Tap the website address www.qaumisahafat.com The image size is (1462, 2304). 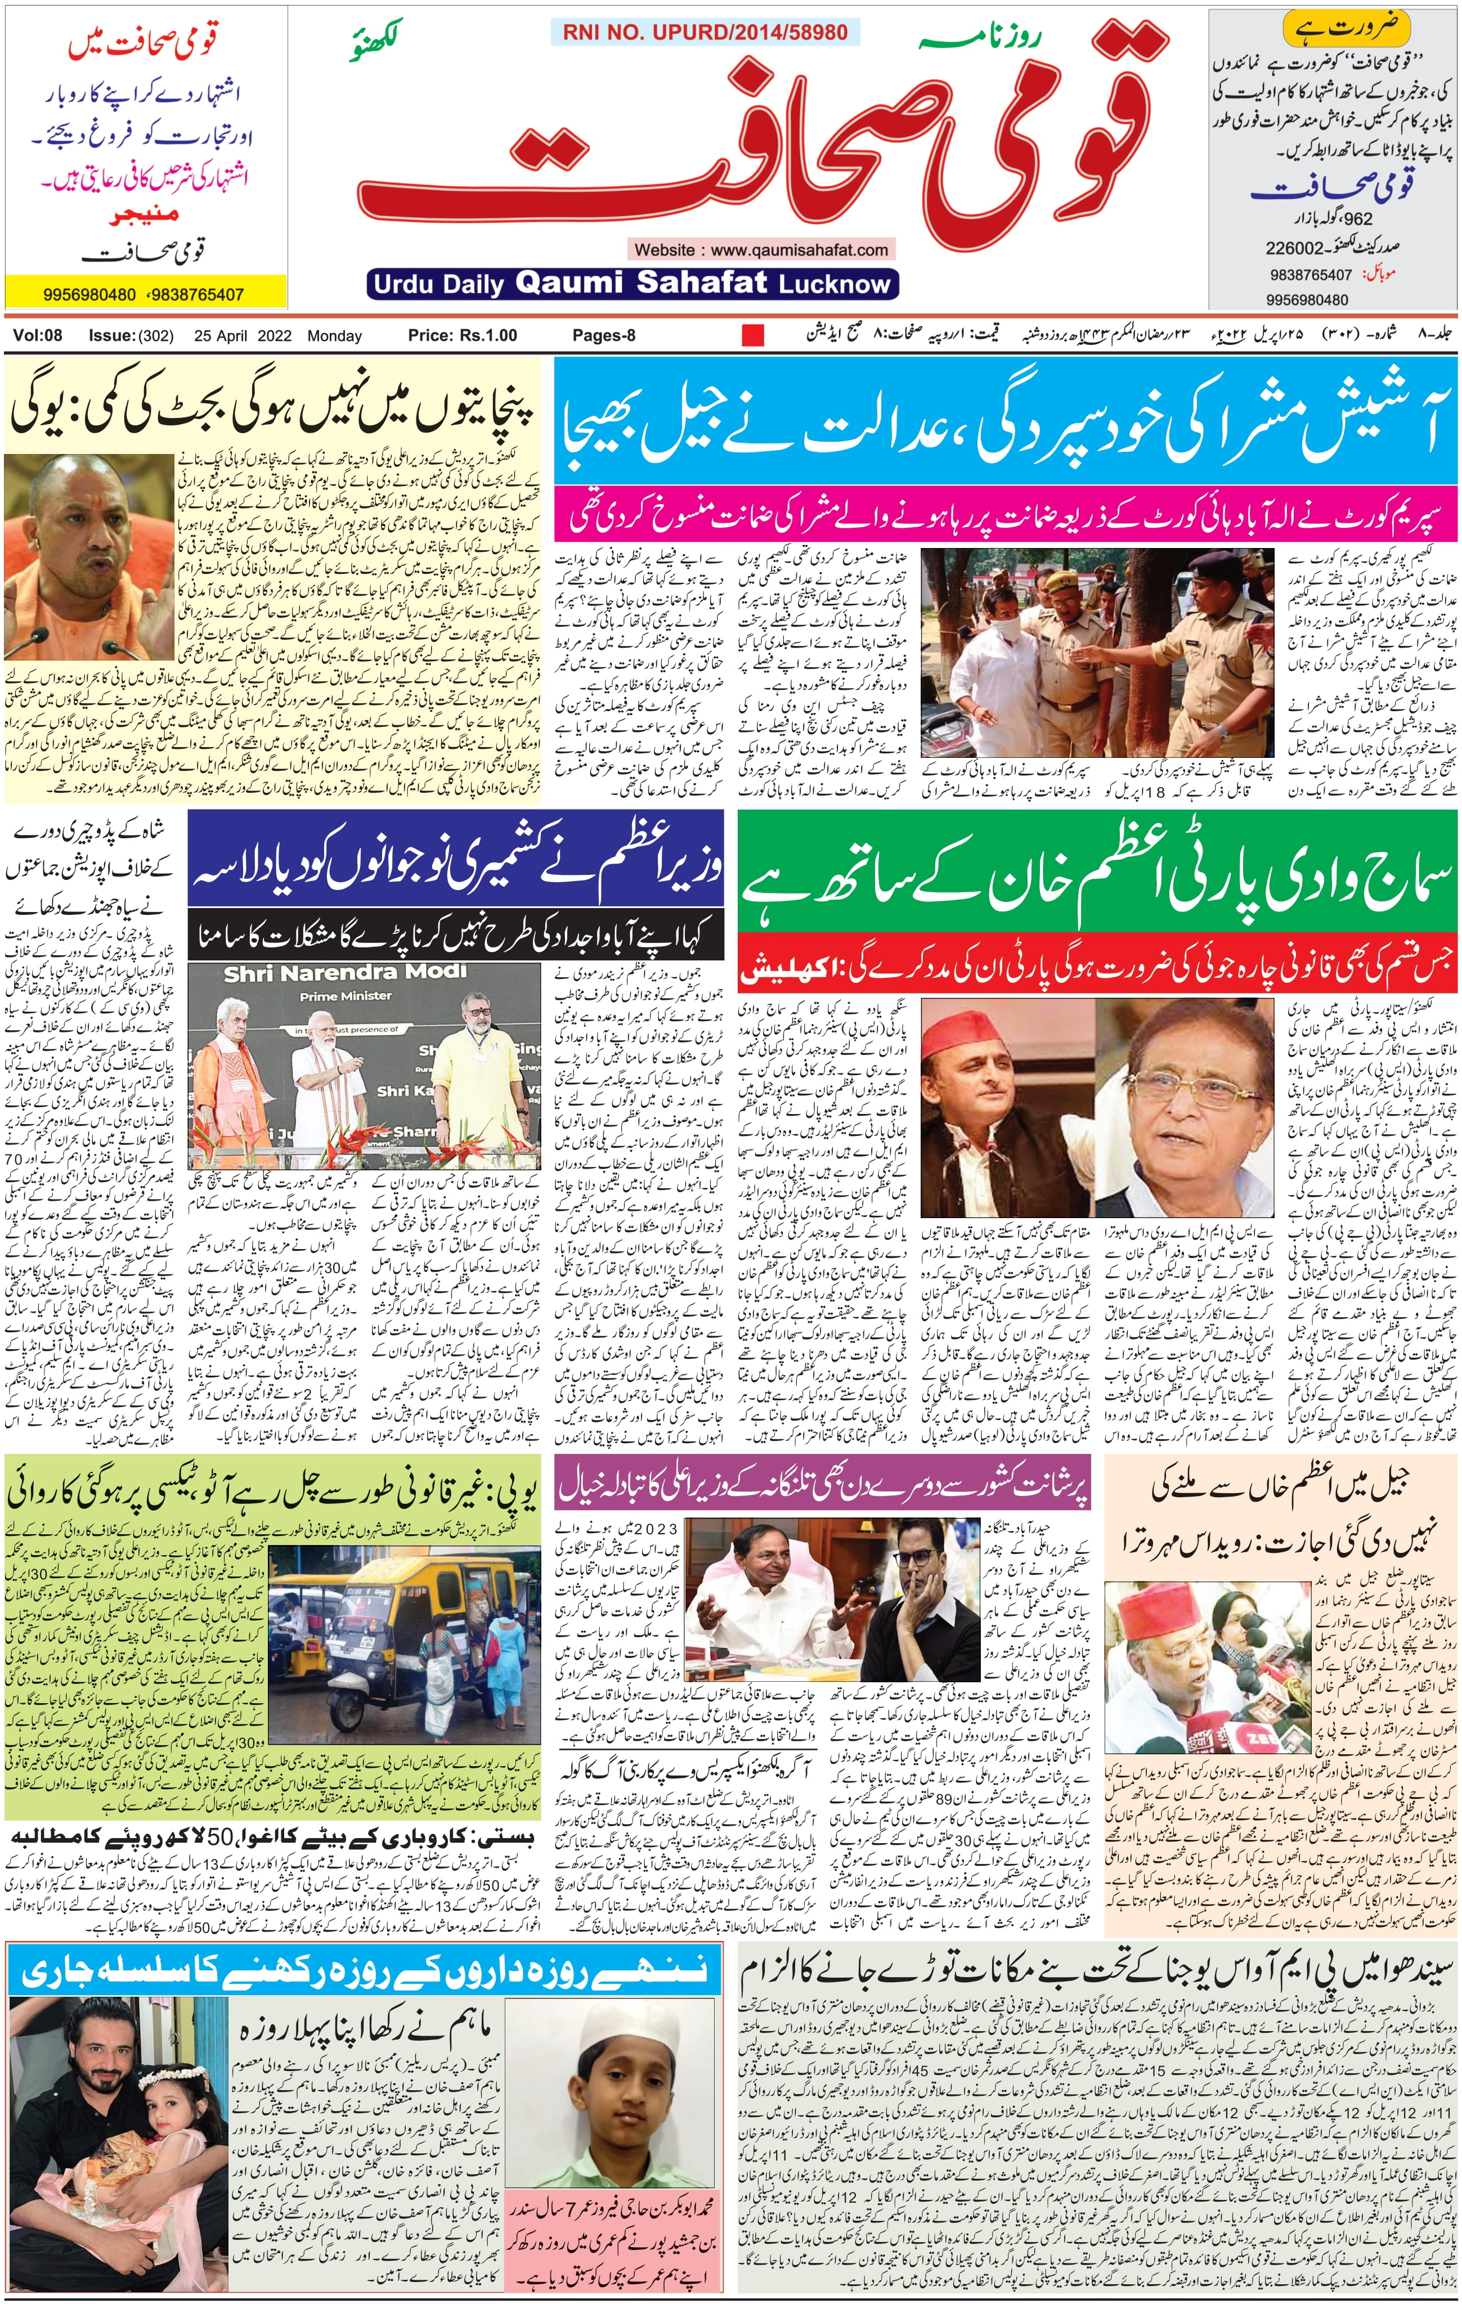click(761, 250)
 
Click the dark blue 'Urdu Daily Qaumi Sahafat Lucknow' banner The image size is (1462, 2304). click(631, 283)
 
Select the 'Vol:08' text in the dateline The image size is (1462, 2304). click(37, 336)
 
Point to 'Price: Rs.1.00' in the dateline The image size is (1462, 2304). click(462, 336)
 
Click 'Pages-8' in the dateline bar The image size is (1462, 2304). click(604, 336)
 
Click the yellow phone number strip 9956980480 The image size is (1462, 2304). click(91, 295)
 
